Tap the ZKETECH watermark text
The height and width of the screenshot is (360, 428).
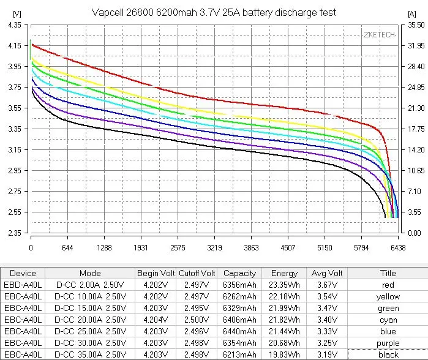click(379, 35)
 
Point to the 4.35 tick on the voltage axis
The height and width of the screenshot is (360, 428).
click(13, 24)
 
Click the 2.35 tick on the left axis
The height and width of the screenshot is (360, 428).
click(13, 233)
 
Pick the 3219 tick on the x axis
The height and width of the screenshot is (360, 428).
click(214, 248)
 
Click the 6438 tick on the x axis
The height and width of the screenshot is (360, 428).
click(398, 248)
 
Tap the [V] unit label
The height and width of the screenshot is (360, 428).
click(17, 13)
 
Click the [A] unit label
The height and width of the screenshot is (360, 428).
click(411, 13)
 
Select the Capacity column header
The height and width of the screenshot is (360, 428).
click(239, 273)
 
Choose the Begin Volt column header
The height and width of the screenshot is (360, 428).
click(156, 273)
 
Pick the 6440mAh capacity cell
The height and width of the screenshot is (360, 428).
click(239, 331)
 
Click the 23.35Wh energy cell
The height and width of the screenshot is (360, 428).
click(284, 285)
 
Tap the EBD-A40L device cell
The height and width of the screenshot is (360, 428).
click(23, 285)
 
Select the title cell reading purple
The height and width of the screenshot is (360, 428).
click(388, 343)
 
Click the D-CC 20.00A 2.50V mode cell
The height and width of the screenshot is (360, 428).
click(90, 320)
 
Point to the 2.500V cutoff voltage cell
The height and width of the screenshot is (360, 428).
click(197, 320)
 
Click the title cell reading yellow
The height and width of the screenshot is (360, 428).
click(388, 296)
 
